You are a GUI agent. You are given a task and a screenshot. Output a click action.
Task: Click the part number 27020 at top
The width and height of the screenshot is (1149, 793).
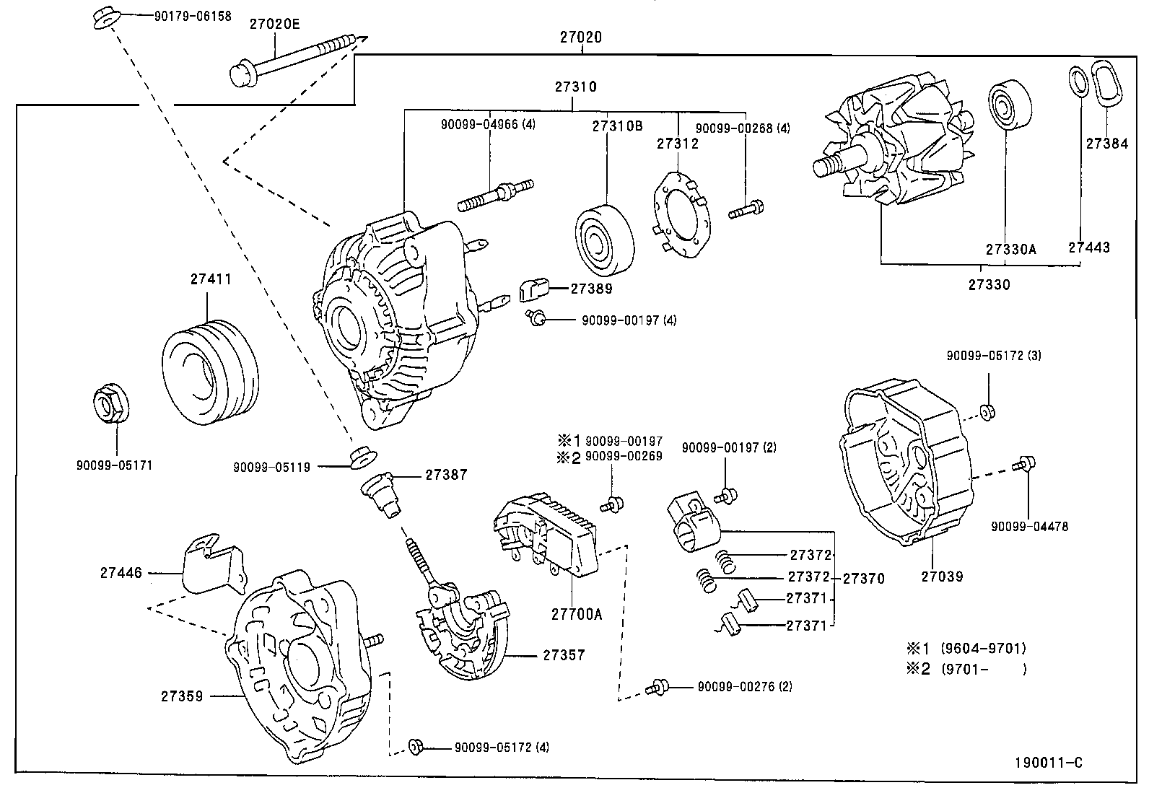pos(580,38)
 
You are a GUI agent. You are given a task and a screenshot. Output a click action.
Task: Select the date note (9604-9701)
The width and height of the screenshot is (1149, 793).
pos(983,648)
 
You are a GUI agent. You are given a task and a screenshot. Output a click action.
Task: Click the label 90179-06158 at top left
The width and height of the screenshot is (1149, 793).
pos(193,15)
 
